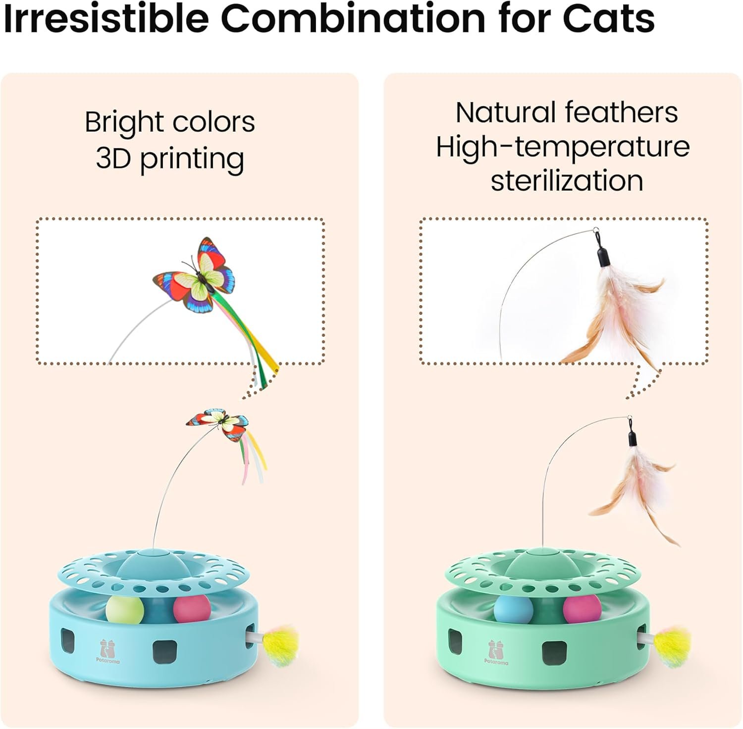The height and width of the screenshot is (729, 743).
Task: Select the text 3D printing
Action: tap(170, 158)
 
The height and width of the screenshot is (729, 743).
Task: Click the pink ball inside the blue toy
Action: tap(192, 609)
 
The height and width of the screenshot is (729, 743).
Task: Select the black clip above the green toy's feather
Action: tap(632, 438)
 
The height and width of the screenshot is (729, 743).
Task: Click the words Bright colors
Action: tap(170, 122)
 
